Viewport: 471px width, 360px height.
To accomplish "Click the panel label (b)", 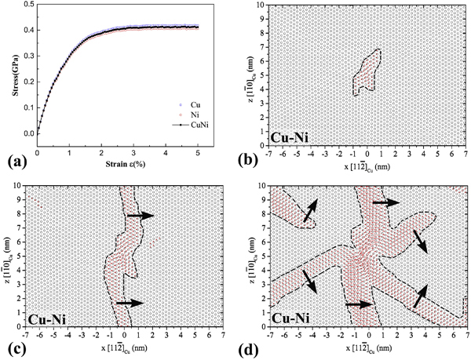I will pyautogui.click(x=250, y=162).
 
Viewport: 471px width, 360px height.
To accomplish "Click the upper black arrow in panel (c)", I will pyautogui.click(x=141, y=215).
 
